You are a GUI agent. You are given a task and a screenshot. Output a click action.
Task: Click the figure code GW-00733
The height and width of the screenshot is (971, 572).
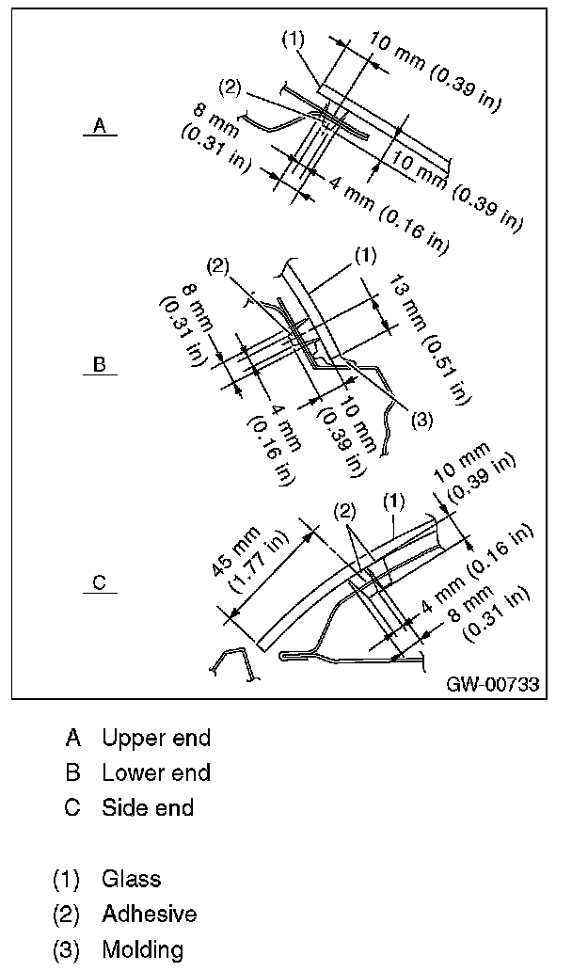[x=493, y=684]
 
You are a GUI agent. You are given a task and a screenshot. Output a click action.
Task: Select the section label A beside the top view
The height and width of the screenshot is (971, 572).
[x=99, y=126]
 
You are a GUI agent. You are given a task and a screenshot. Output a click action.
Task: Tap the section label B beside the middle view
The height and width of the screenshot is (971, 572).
[x=99, y=364]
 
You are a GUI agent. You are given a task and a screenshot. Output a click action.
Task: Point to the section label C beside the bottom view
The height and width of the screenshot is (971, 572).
[x=100, y=583]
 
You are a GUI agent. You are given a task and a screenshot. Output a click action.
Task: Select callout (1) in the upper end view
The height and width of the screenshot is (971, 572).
[x=293, y=40]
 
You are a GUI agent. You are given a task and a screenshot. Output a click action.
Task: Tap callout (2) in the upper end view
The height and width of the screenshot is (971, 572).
[x=230, y=88]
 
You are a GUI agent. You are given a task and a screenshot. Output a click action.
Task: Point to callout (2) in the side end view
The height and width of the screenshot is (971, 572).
[x=346, y=511]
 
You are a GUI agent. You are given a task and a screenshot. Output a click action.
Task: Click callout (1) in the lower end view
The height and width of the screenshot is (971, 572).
[x=364, y=254]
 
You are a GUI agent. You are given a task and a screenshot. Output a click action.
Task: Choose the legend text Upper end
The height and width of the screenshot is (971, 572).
[x=156, y=738]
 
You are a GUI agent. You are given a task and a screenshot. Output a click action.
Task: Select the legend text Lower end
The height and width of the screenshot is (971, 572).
[x=156, y=772]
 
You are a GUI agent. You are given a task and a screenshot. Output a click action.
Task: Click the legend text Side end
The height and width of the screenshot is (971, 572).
[x=148, y=807]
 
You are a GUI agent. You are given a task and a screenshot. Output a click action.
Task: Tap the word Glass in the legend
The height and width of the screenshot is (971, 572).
[x=132, y=879]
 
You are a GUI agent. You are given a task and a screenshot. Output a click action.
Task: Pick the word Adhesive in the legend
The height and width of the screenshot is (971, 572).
[x=150, y=914]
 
